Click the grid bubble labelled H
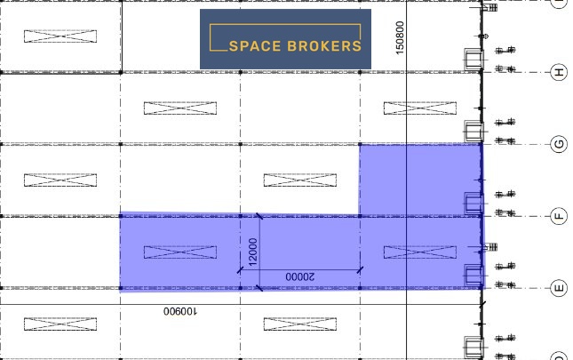point(559,72)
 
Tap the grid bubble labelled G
point(559,144)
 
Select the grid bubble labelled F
point(559,216)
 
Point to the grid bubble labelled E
point(559,288)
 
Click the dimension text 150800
point(400,37)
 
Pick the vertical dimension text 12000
point(252,252)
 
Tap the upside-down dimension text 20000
point(299,276)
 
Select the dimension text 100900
point(180,311)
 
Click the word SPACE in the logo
point(255,46)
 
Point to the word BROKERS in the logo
point(324,46)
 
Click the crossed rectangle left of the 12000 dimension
point(180,252)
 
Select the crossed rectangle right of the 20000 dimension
point(420,252)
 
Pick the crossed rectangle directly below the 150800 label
point(420,108)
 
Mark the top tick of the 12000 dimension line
point(259,216)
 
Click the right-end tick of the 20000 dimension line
point(360,270)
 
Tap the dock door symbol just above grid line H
point(474,60)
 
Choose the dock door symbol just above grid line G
point(474,132)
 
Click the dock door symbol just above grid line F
point(474,204)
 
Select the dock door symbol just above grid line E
point(474,276)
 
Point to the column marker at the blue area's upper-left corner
point(360,144)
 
